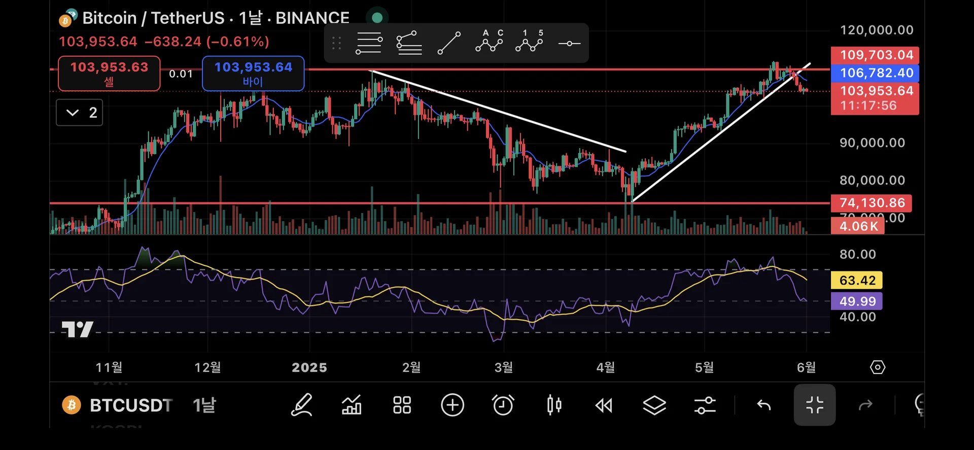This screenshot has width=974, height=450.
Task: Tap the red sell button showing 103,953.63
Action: (109, 73)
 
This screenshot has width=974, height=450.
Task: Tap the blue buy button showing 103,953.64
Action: (253, 73)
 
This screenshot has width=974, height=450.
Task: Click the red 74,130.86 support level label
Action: (872, 203)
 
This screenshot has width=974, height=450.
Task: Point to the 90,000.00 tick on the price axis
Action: (872, 143)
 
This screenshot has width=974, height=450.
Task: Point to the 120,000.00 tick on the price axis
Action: (877, 30)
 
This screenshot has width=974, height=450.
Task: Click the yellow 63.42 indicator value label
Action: (857, 280)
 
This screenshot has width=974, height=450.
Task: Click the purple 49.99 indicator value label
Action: (857, 301)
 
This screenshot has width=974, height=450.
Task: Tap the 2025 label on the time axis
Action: (309, 367)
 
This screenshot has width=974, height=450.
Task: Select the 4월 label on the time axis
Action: (605, 367)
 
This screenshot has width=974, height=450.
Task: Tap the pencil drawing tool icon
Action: (301, 405)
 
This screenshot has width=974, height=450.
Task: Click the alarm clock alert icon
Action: (503, 405)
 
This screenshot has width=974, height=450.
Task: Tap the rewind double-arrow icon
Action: (604, 405)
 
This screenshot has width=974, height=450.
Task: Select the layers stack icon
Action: (654, 405)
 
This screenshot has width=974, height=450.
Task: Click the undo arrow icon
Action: (764, 405)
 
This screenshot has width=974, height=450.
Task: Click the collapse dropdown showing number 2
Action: (80, 113)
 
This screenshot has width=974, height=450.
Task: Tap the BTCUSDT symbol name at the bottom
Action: (131, 405)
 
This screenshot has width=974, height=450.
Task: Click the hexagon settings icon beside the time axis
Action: (877, 367)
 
